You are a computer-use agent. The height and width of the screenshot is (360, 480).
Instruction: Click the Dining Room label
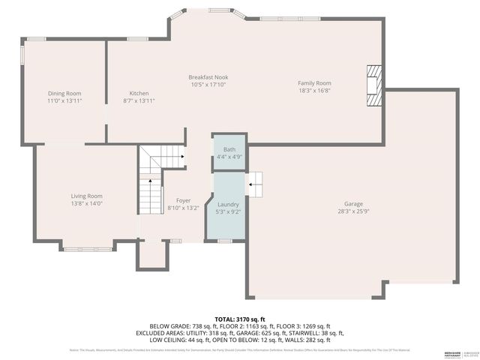pos(64,92)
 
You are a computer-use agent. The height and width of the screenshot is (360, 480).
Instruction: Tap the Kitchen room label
pos(139,92)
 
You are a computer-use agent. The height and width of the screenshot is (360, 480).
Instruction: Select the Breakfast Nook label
pos(208,77)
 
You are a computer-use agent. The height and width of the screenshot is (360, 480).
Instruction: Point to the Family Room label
pos(314,83)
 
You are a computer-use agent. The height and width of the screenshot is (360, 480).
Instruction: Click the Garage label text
pos(353,203)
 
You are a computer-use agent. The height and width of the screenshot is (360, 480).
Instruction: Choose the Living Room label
pos(86,196)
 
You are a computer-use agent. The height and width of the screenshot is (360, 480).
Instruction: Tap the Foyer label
pos(183,200)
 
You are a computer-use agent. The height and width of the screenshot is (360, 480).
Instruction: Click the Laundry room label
pos(228,204)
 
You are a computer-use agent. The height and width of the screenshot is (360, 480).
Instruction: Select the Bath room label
pos(229,149)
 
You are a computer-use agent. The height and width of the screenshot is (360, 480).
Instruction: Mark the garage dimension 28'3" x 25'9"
pos(353,211)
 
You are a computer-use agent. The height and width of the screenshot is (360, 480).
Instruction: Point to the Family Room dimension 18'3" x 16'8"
pos(314,91)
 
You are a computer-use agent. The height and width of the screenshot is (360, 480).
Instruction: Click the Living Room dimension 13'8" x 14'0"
pos(86,203)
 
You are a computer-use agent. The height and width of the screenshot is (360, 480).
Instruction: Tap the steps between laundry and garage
pos(255,182)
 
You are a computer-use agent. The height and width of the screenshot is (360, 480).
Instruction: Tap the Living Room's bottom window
pos(78,248)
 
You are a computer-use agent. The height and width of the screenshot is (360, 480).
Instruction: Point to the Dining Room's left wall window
pos(22,55)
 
